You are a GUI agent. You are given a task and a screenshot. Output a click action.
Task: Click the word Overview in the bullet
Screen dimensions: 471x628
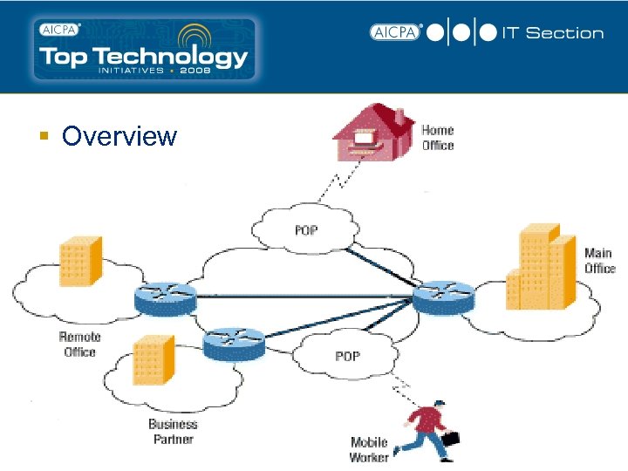tap(119, 137)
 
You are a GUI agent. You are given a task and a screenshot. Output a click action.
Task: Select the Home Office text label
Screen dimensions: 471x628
tap(438, 138)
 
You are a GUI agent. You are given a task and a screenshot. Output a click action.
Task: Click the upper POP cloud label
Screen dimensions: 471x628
tap(305, 230)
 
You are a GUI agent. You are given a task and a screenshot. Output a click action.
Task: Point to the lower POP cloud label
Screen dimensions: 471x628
tap(347, 356)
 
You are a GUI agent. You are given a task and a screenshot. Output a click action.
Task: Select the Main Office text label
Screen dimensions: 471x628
tap(599, 261)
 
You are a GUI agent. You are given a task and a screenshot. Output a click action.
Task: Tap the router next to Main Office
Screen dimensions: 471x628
tap(445, 300)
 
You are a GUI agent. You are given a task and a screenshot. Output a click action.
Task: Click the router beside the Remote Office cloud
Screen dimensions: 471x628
tap(166, 300)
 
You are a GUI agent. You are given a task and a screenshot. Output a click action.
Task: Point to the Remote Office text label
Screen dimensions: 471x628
tap(79, 345)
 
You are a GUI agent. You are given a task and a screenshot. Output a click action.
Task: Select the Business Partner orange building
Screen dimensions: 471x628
tap(151, 363)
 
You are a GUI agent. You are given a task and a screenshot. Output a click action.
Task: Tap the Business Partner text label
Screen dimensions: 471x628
tap(173, 432)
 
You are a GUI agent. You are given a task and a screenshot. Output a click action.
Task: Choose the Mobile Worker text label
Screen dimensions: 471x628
tap(369, 450)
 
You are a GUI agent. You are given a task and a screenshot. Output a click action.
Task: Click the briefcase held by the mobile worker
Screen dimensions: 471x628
tap(451, 439)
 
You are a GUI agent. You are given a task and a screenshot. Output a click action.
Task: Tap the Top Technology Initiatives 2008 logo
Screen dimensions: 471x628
tap(143, 49)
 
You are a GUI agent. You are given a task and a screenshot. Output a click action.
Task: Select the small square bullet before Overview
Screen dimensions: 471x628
tap(43, 136)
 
